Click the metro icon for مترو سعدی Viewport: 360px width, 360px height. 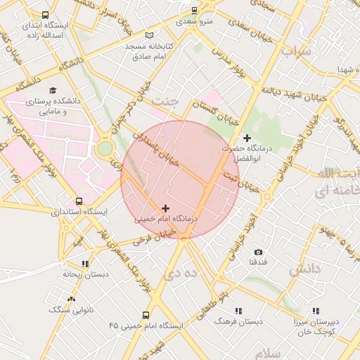(195, 11)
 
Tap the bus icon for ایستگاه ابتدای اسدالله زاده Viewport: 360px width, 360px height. (46, 15)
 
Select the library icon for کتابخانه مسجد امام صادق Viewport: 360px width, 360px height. (148, 35)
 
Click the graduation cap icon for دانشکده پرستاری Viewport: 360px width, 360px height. (53, 91)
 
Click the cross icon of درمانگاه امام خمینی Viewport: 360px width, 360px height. (165, 208)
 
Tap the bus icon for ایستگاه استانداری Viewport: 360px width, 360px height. (79, 200)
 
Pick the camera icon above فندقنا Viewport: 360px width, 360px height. (258, 252)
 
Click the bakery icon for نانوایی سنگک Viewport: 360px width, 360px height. (70, 300)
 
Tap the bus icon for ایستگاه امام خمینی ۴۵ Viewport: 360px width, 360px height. (146, 316)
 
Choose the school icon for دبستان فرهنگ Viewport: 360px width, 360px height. (238, 310)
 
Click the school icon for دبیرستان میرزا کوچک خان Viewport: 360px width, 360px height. (316, 311)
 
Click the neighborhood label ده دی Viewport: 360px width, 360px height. (178, 271)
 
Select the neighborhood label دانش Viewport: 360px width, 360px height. (304, 269)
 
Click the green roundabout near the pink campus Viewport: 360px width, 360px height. (105, 149)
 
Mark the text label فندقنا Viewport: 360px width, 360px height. (257, 262)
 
